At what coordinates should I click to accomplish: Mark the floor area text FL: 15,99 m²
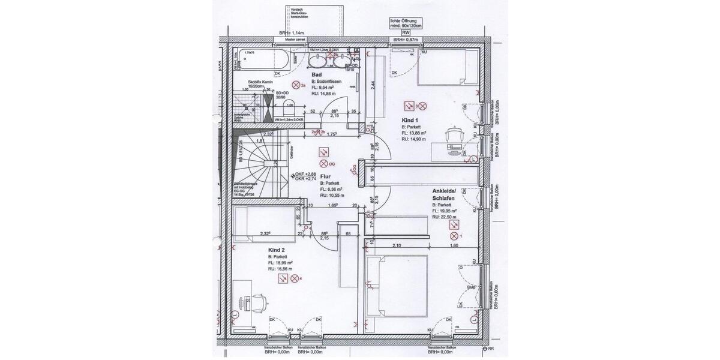[x=281, y=263]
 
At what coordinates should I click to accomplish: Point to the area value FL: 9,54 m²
[x=323, y=87]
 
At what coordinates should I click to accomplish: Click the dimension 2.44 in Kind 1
[x=373, y=85]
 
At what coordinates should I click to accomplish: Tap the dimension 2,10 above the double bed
[x=397, y=245]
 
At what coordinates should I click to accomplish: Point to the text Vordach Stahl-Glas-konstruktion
[x=300, y=14]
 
